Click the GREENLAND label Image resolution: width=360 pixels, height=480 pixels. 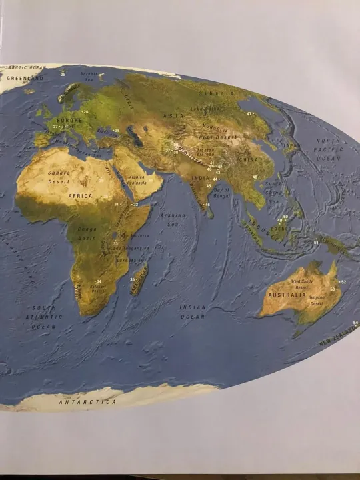[25, 79]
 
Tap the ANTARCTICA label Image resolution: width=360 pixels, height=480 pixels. [87, 403]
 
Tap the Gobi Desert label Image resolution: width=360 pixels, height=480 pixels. [215, 136]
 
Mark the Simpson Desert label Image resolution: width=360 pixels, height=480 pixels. [316, 301]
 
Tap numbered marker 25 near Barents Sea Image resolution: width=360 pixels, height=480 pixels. [63, 73]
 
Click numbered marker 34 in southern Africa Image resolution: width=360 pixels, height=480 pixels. [99, 282]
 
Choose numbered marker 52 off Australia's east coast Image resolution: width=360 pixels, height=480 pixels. [343, 282]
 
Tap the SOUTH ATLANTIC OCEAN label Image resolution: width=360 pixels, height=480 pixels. [44, 317]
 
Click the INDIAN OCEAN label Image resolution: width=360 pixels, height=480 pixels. [192, 311]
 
